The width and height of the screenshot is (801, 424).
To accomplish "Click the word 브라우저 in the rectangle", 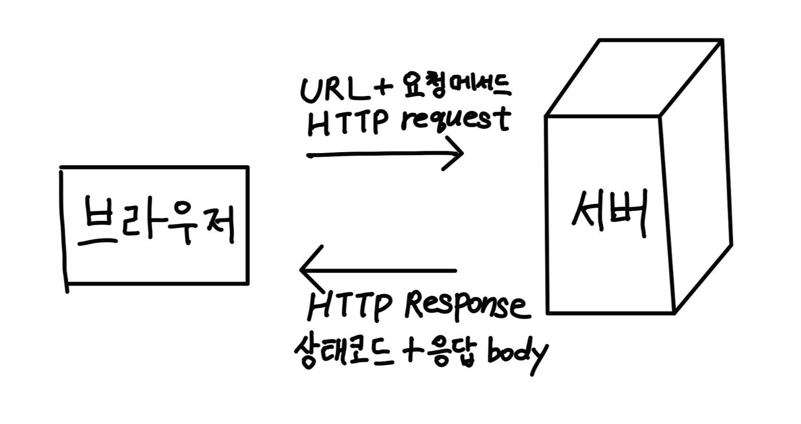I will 157,223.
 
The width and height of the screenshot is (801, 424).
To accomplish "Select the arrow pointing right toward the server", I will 384,154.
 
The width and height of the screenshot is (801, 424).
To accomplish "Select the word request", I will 455,121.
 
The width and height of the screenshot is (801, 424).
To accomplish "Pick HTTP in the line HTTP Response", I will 349,306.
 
